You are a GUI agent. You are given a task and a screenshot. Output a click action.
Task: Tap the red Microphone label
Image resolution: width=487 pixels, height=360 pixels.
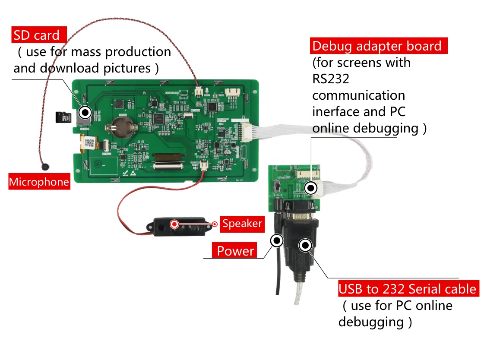(39, 182)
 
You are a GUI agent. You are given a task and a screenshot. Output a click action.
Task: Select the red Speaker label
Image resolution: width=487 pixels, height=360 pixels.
(242, 224)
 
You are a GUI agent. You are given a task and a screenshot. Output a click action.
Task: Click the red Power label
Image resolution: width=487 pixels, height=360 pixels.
(235, 251)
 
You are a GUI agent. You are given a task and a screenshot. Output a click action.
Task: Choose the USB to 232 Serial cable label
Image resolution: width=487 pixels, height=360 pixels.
(408, 289)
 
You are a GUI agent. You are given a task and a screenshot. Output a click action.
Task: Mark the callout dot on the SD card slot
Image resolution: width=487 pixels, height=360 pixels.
(85, 113)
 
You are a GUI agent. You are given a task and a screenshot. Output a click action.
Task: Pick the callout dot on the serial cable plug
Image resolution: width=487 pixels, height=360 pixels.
(306, 245)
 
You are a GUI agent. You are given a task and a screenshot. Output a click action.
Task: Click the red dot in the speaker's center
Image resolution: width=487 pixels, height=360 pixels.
(174, 224)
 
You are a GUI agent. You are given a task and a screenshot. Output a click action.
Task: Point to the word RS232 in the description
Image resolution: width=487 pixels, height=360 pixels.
(331, 79)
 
